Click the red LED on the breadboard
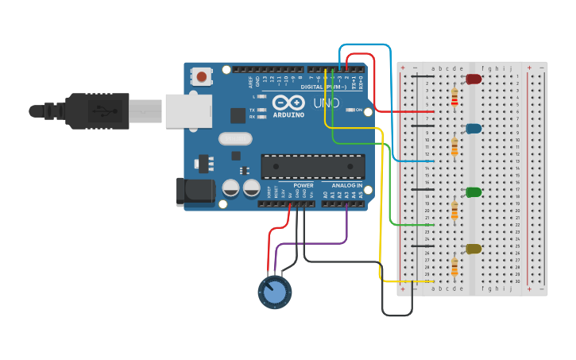click(474, 79)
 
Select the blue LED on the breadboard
click(474, 128)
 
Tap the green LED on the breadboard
click(474, 192)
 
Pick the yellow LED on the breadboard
click(474, 249)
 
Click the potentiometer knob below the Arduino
click(274, 292)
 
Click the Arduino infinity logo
click(288, 103)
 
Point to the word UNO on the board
click(326, 103)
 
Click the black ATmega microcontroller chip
click(313, 166)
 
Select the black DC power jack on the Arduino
click(195, 191)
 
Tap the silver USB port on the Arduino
click(188, 110)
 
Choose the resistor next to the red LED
click(454, 97)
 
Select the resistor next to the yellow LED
click(454, 266)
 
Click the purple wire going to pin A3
click(347, 226)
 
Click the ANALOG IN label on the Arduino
click(346, 185)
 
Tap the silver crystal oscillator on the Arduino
click(234, 139)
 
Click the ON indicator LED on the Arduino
click(350, 110)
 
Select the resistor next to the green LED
click(454, 210)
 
